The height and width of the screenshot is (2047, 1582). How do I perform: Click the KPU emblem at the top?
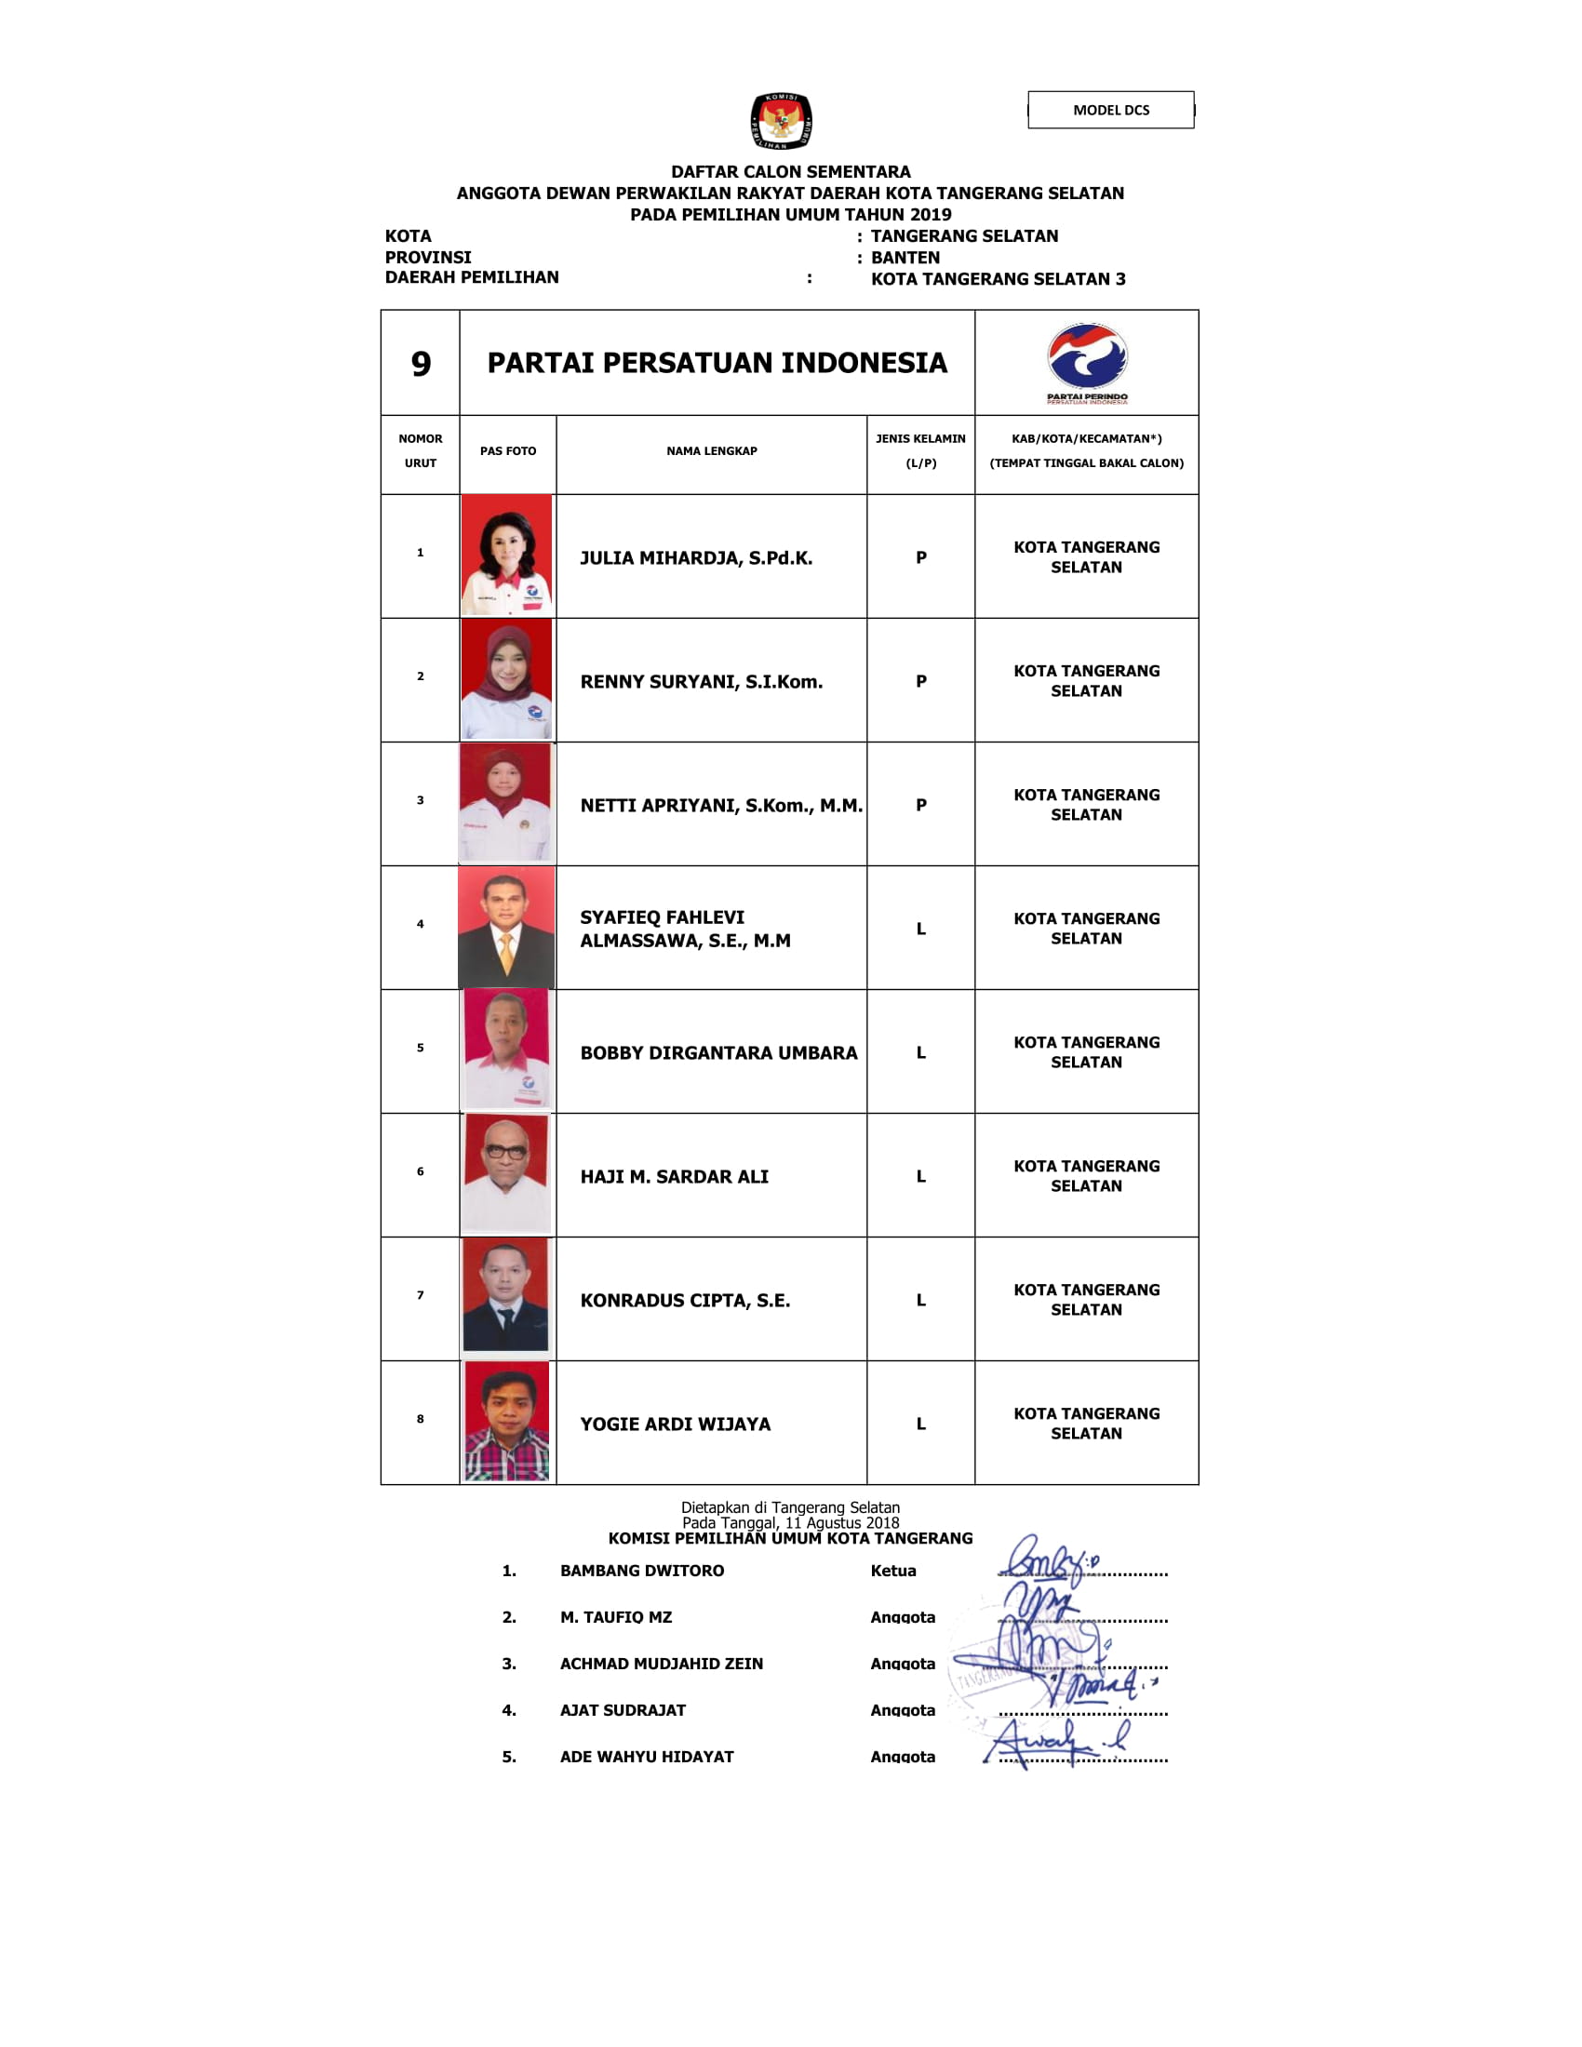point(781,121)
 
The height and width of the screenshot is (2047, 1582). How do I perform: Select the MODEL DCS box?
point(1110,110)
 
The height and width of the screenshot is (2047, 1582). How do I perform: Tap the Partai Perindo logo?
point(1087,362)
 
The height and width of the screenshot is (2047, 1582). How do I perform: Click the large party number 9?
point(421,364)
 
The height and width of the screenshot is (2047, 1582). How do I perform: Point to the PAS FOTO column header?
point(508,451)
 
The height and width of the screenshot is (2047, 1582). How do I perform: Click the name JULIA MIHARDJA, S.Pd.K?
point(696,557)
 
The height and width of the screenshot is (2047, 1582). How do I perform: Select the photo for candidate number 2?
point(507,679)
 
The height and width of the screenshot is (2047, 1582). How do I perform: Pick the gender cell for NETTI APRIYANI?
point(921,805)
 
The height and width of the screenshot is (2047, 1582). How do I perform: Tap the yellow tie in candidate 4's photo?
point(507,952)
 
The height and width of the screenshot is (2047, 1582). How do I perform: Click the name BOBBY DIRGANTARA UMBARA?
point(718,1052)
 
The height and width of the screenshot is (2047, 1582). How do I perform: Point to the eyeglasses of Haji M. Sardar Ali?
point(506,1152)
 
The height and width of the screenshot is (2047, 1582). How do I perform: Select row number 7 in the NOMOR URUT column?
point(420,1295)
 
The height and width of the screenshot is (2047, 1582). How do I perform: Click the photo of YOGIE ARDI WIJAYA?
point(507,1422)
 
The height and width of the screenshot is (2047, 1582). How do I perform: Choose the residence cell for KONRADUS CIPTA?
point(1086,1299)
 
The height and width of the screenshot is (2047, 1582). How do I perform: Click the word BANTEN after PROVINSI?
point(905,258)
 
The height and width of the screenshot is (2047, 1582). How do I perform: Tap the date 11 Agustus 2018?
point(841,1523)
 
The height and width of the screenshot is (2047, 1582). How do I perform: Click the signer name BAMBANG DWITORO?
point(642,1571)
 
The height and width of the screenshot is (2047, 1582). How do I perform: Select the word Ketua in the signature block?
point(893,1571)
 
